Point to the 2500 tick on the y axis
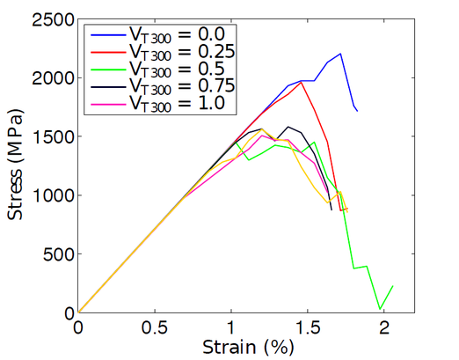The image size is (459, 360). tap(50, 19)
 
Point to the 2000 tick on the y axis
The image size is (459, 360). tap(50, 77)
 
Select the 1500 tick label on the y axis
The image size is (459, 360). tap(50, 136)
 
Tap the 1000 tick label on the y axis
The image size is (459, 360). tap(50, 195)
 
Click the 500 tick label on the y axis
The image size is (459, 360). tap(55, 254)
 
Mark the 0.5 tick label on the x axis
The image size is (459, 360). tap(155, 326)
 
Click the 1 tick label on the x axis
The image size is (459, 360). tap(231, 326)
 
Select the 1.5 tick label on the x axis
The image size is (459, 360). tap(308, 326)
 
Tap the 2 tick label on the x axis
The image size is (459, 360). tap(384, 326)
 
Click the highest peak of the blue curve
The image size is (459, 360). tap(340, 54)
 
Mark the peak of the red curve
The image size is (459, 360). tap(302, 82)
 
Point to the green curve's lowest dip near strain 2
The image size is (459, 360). tap(380, 309)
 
